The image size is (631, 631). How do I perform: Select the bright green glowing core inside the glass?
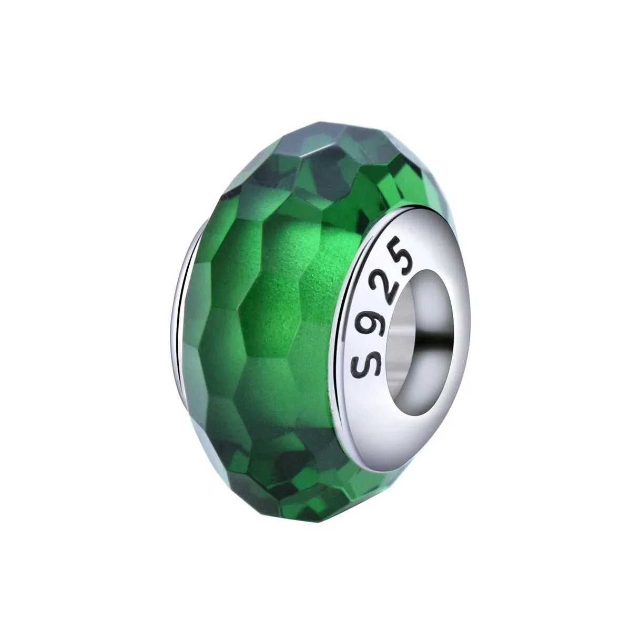click(x=294, y=294)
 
